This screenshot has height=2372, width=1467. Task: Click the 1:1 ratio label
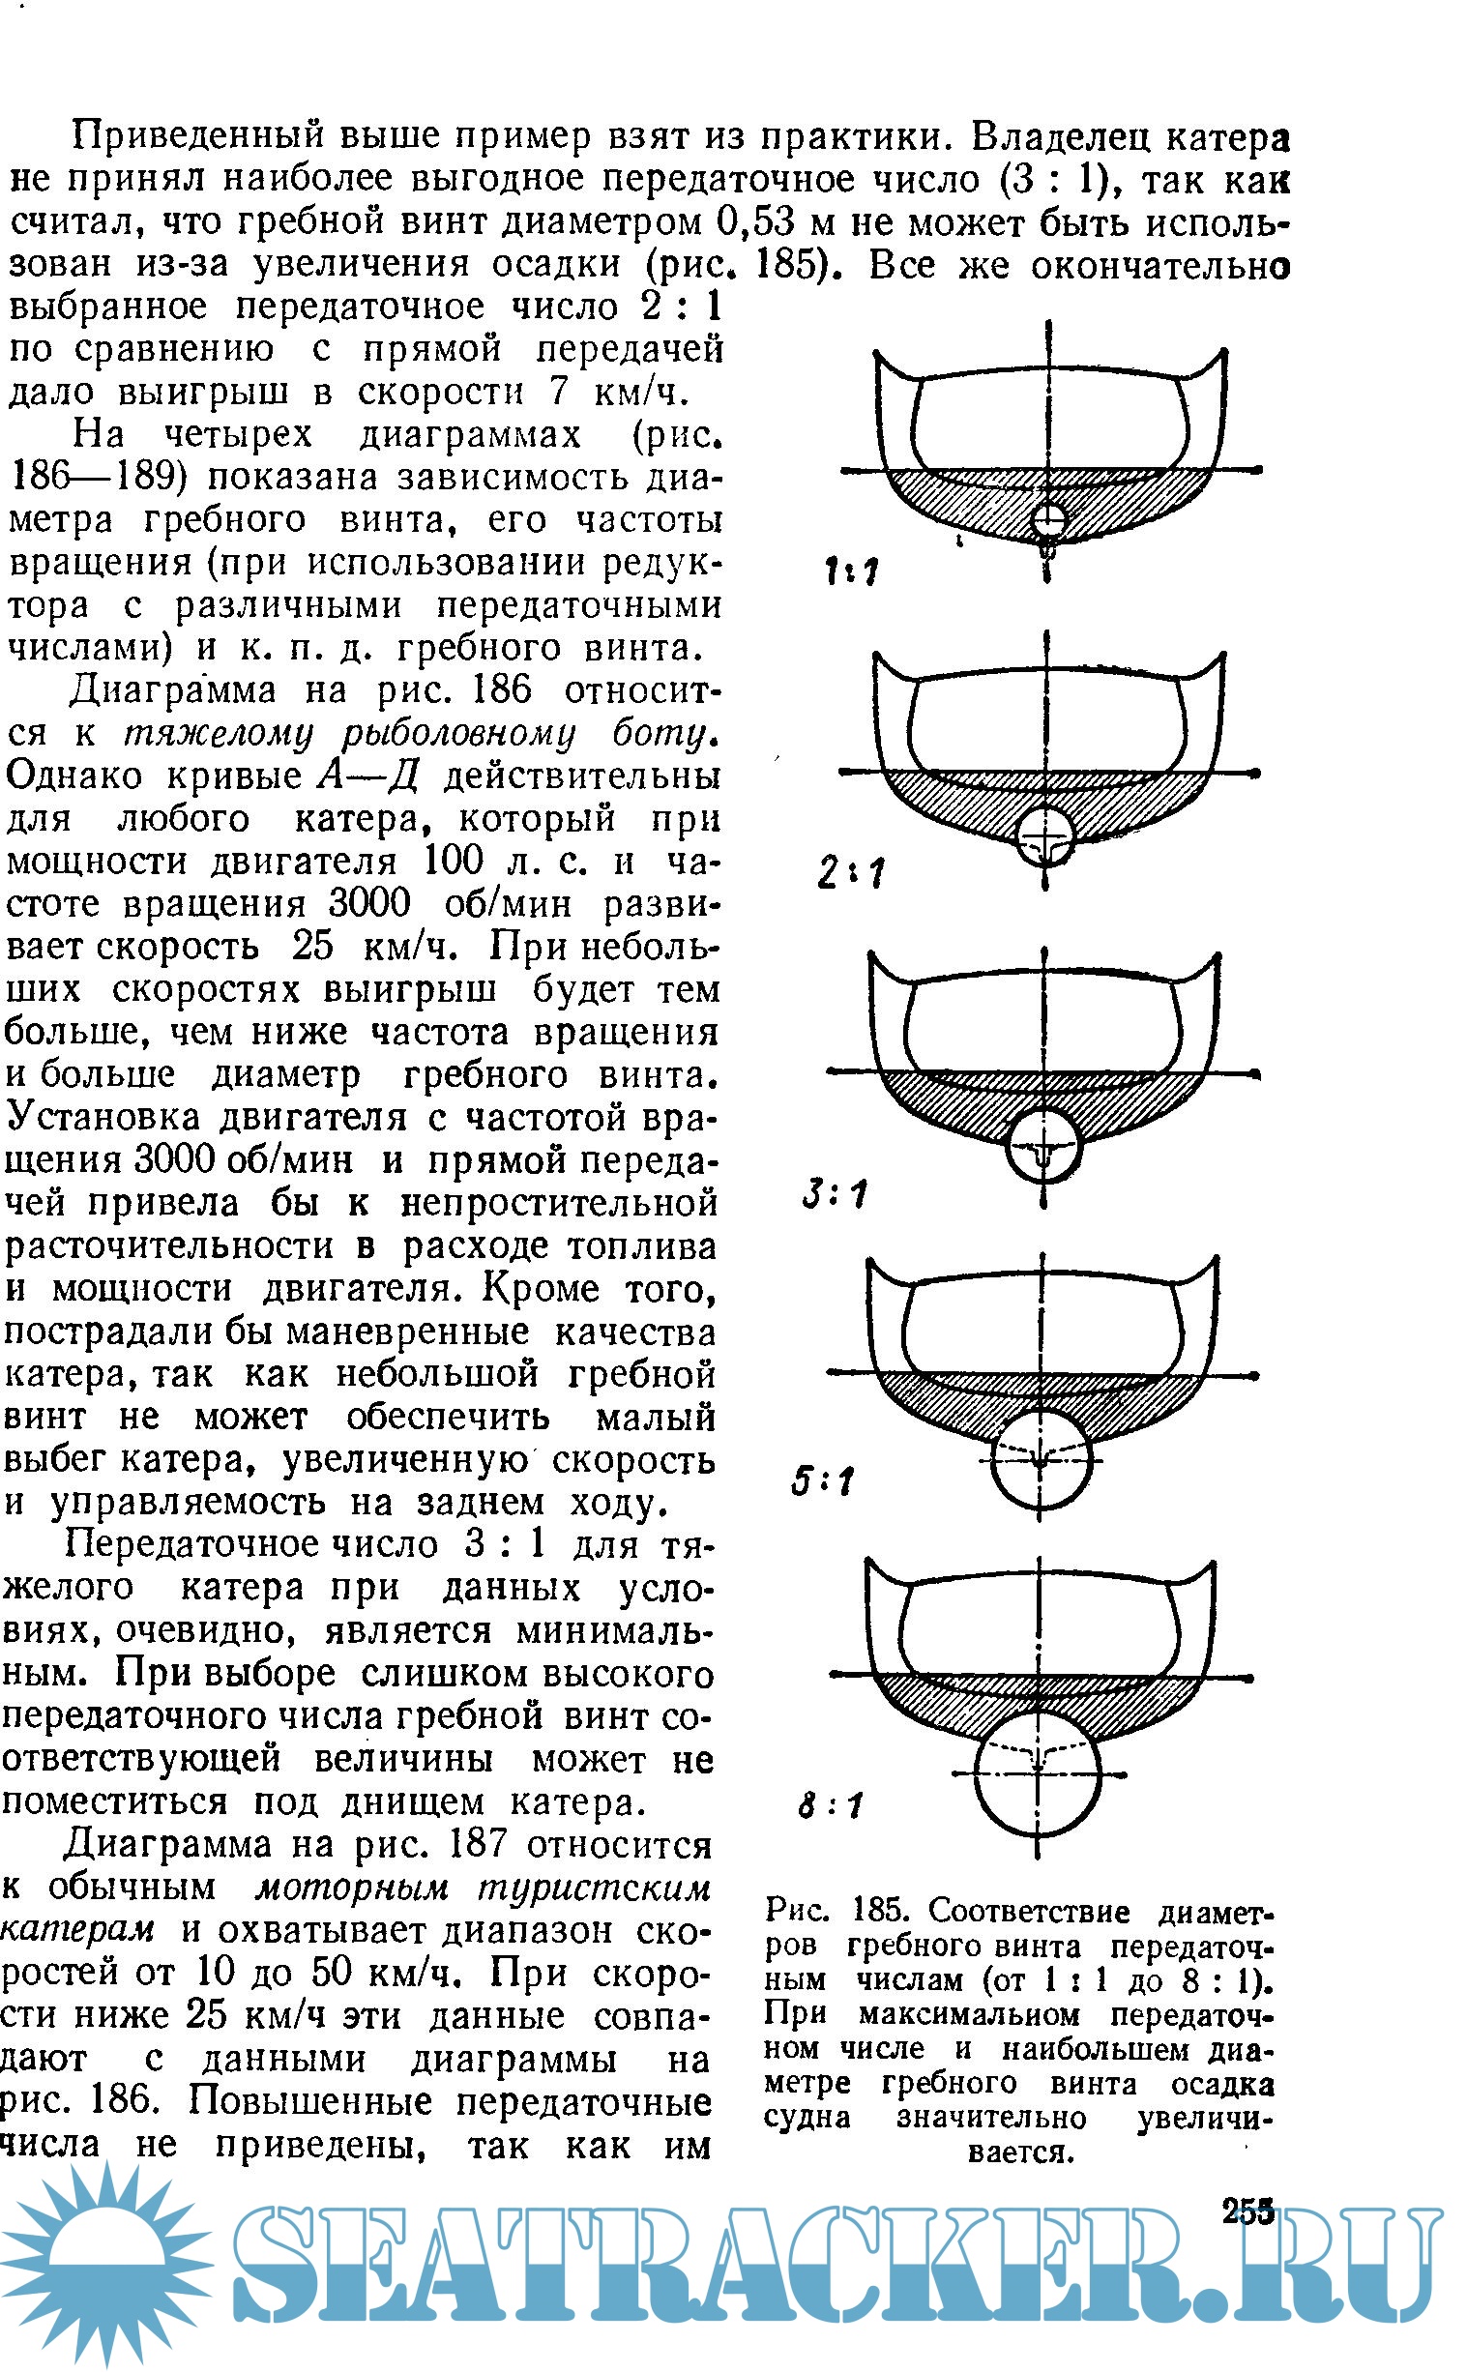point(852,571)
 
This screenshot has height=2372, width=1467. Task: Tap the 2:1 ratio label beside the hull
point(850,872)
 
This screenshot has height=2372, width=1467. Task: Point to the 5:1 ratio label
point(822,1481)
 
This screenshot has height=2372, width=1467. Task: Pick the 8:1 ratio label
point(830,1805)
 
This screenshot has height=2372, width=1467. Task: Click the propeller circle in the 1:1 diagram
point(1048,521)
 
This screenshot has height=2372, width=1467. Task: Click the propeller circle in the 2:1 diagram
point(1045,835)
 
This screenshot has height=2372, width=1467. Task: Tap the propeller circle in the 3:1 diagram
point(1043,1147)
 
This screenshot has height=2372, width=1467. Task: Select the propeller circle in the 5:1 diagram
point(1041,1458)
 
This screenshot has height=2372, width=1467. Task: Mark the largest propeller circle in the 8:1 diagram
point(1038,1774)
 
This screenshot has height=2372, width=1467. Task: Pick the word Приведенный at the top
point(197,135)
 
